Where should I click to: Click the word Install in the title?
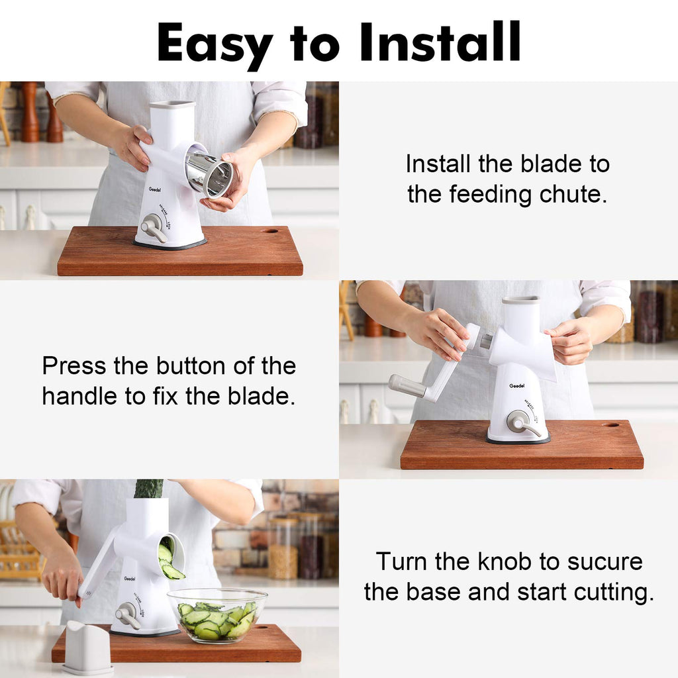tap(440, 42)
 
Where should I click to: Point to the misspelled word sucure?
tap(605, 561)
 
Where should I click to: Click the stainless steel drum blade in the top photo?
tap(209, 174)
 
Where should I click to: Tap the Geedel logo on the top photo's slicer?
tap(155, 189)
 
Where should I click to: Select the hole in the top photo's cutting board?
tap(269, 231)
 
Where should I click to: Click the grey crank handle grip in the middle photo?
tap(407, 386)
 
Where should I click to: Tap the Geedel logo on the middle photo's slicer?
tap(516, 386)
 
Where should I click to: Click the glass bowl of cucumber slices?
tap(217, 615)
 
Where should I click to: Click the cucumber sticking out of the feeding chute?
tap(148, 489)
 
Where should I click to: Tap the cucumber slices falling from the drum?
tap(170, 561)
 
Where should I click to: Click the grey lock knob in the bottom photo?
tap(128, 615)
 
